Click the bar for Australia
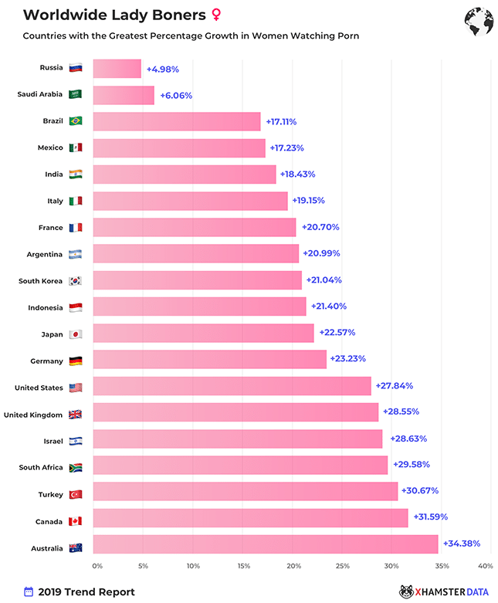(266, 544)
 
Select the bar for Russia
(117, 69)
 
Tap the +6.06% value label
(176, 96)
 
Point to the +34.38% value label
(462, 544)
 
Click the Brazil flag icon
(76, 121)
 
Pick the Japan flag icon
(76, 334)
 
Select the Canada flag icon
(76, 521)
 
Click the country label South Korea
(41, 281)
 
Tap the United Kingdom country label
(33, 415)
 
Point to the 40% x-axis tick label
(485, 566)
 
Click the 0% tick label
(97, 566)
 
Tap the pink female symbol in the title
(215, 15)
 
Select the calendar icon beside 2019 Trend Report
(29, 591)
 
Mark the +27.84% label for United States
(395, 384)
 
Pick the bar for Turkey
(246, 491)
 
